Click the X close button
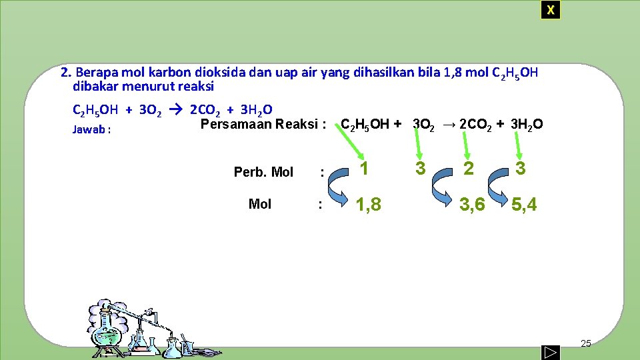click(550, 10)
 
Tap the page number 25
click(586, 343)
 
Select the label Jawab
click(91, 130)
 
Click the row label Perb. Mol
click(263, 172)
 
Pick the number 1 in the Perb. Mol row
click(364, 169)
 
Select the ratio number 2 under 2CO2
click(469, 169)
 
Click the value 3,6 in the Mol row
click(472, 205)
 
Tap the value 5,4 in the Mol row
click(523, 205)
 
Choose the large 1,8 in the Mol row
click(368, 205)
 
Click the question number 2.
click(65, 73)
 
